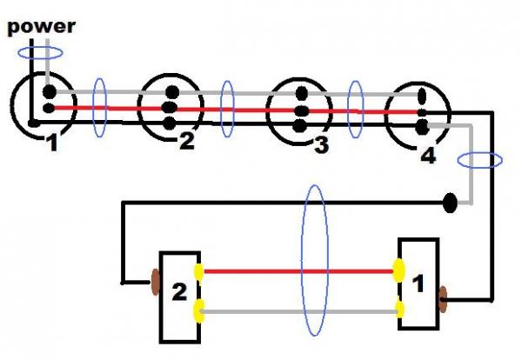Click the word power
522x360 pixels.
coord(41,28)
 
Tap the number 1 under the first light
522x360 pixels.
coord(52,143)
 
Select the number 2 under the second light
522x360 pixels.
coord(187,140)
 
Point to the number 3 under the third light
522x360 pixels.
coord(322,145)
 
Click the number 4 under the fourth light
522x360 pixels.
coord(428,156)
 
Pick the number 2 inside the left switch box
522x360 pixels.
coord(179,292)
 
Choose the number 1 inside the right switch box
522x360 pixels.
coord(418,283)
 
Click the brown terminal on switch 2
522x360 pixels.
coord(156,283)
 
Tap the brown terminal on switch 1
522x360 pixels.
coord(443,299)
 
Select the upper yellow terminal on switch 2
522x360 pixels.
coord(198,272)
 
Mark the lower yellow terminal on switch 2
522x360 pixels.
coord(199,311)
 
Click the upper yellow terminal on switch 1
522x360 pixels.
coord(398,270)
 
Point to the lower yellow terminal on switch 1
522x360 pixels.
coord(399,310)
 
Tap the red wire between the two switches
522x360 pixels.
coord(298,272)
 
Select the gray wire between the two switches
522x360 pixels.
coord(299,312)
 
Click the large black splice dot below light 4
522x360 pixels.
coord(450,203)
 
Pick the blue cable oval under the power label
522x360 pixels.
coord(40,53)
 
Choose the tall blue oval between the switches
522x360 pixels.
coord(315,260)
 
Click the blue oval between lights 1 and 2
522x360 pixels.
coord(99,108)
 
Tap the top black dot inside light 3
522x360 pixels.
coord(302,93)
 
